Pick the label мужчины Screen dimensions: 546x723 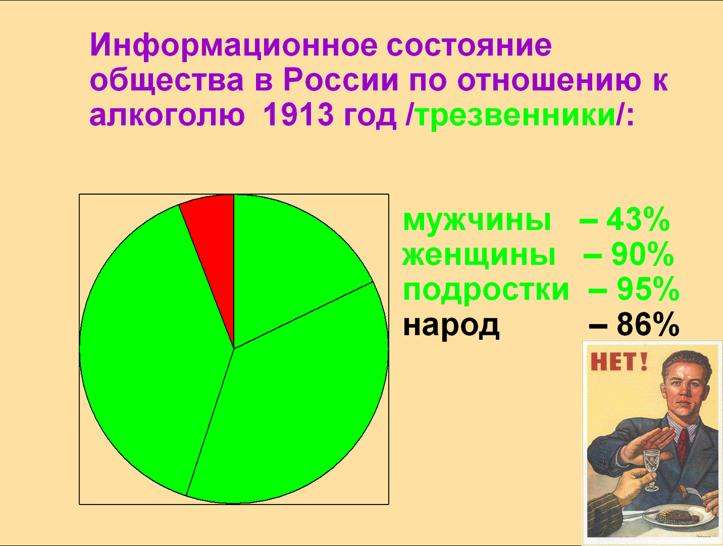click(x=477, y=221)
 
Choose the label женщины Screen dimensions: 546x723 click(x=479, y=256)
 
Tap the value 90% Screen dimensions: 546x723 click(x=642, y=256)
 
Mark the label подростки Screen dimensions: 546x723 click(x=486, y=290)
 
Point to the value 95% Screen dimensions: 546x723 click(x=648, y=290)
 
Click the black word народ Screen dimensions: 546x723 click(x=451, y=325)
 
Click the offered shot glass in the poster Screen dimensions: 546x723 click(x=651, y=467)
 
